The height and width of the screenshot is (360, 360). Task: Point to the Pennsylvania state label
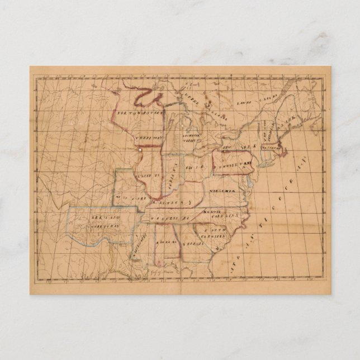[231, 164]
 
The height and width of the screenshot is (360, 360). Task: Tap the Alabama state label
[167, 241]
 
